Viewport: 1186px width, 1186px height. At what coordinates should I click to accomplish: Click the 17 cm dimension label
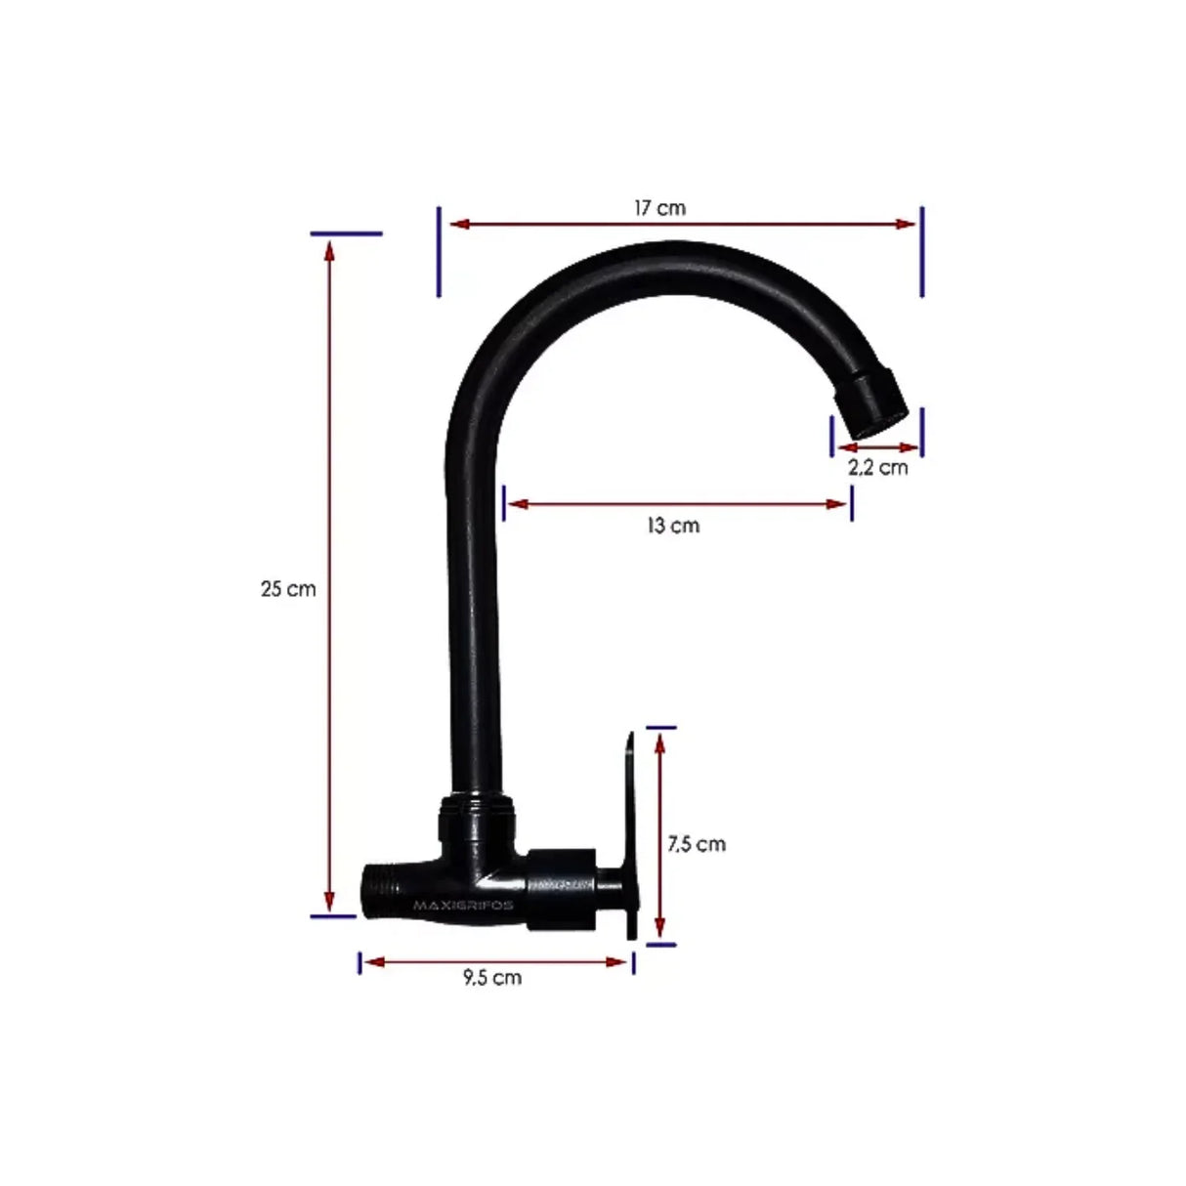pos(659,208)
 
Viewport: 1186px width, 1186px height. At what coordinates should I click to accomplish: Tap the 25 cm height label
pos(288,589)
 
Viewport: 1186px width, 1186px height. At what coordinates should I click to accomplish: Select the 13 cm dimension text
pos(673,526)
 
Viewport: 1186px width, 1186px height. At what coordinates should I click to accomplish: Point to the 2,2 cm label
pos(877,467)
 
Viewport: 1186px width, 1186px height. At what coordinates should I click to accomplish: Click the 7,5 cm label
pos(697,844)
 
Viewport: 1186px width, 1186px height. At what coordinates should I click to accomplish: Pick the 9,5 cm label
pos(492,977)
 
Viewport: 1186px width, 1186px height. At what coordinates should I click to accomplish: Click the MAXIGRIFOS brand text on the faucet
pos(463,905)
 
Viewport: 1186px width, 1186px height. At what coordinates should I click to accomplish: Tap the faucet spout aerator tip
pos(874,404)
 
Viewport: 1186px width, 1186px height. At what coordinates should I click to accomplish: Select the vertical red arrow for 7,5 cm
pos(661,836)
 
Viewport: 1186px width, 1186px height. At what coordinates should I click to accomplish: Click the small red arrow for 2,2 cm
pos(877,448)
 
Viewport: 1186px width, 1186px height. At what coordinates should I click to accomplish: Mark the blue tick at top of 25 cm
pos(346,233)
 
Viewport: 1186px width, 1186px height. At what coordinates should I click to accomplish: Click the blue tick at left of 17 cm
pos(439,251)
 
